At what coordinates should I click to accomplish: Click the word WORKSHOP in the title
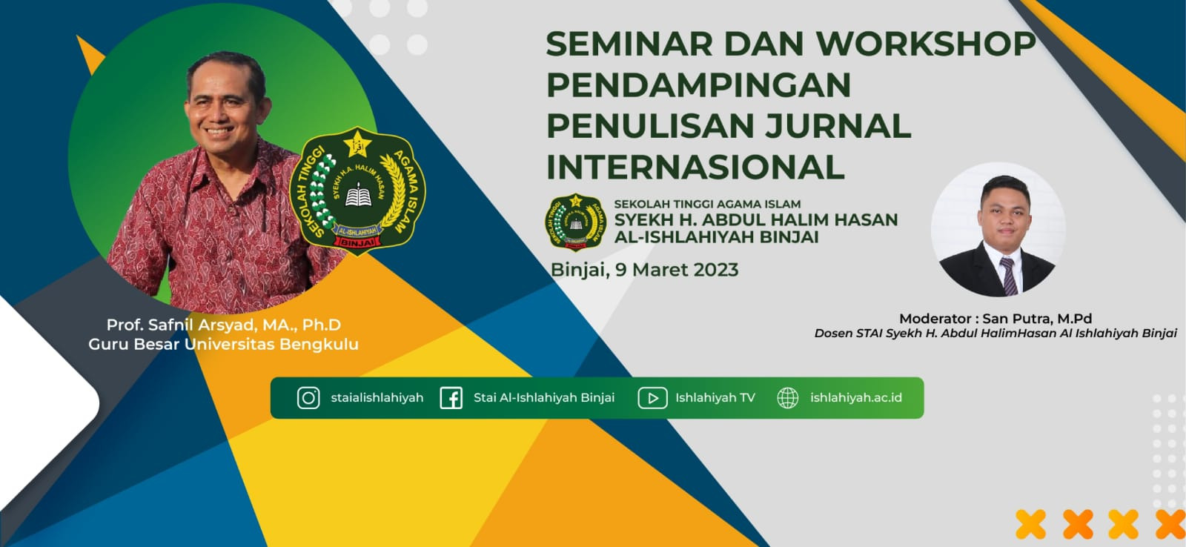(x=926, y=44)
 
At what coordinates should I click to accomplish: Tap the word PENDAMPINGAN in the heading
(x=698, y=84)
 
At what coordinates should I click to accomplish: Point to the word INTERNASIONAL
(x=695, y=167)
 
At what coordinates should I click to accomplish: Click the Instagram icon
(x=308, y=398)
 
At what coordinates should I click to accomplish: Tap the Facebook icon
(x=451, y=398)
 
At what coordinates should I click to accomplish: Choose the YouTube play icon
(x=652, y=398)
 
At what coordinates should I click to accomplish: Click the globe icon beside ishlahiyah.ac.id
(x=787, y=398)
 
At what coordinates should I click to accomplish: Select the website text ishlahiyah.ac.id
(x=855, y=398)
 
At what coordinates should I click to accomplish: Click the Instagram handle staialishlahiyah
(x=377, y=398)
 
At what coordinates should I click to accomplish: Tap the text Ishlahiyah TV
(x=715, y=398)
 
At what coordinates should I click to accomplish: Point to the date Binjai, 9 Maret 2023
(x=644, y=270)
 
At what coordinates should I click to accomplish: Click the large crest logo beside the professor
(x=358, y=190)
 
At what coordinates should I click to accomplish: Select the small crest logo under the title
(x=576, y=222)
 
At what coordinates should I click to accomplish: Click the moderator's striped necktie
(x=1009, y=276)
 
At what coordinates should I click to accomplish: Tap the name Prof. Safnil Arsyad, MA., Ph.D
(x=223, y=325)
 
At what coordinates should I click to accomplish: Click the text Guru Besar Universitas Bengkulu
(x=223, y=345)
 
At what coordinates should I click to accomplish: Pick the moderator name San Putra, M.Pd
(x=1037, y=319)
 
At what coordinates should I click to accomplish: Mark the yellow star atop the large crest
(x=358, y=144)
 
